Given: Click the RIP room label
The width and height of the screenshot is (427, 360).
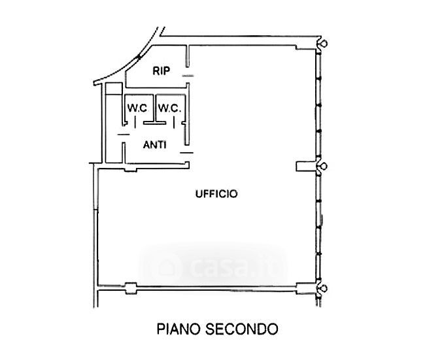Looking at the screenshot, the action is [x=162, y=71].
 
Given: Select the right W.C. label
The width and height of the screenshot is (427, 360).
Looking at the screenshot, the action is [x=168, y=107].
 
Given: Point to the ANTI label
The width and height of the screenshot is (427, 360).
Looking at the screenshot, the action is [x=154, y=145].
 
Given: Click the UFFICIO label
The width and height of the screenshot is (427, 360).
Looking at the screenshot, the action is [x=216, y=194].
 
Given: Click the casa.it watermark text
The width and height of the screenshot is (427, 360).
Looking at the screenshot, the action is [x=235, y=266].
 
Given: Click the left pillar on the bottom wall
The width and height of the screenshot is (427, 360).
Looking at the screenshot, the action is [x=130, y=286].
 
